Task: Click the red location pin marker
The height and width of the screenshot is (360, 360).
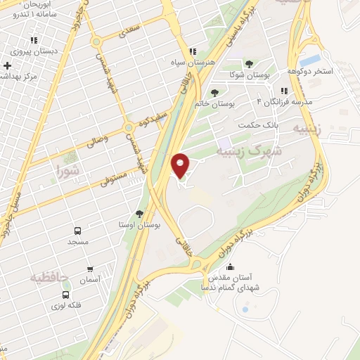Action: tap(181, 166)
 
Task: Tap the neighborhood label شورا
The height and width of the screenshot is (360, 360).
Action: tap(67, 169)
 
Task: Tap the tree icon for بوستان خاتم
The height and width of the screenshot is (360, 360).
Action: tap(214, 92)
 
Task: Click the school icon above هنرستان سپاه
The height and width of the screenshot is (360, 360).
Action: tap(192, 51)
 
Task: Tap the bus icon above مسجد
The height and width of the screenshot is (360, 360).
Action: tap(77, 231)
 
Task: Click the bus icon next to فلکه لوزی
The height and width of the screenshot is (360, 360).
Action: tap(65, 295)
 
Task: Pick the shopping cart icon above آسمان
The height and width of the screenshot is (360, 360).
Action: tap(89, 268)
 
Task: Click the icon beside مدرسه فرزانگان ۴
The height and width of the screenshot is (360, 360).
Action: tap(284, 91)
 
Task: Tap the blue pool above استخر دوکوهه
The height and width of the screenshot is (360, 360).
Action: tap(311, 60)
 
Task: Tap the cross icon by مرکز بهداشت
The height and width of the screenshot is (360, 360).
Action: tap(7, 65)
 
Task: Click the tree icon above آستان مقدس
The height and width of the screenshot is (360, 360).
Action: tap(231, 267)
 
